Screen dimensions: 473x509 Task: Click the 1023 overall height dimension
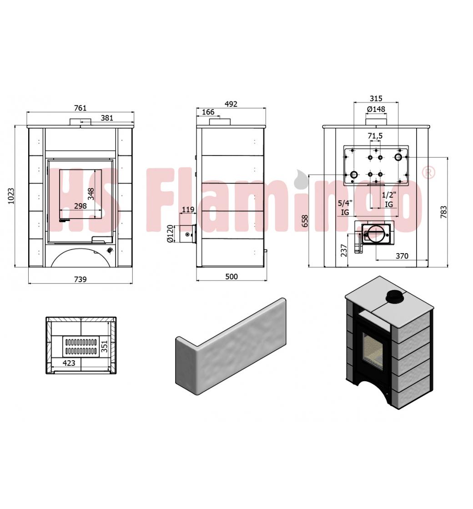point(11,196)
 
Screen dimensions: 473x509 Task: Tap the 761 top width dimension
point(80,108)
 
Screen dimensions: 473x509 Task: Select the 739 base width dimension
point(80,279)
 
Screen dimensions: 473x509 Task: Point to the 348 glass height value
point(91,194)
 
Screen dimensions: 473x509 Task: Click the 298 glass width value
point(80,206)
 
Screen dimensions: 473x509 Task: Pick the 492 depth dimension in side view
point(231,104)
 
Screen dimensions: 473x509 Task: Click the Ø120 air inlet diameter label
point(170,234)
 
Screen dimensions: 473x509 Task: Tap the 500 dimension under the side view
point(231,277)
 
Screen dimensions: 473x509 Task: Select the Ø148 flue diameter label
point(376,109)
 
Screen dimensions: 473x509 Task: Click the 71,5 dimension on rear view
point(375,136)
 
